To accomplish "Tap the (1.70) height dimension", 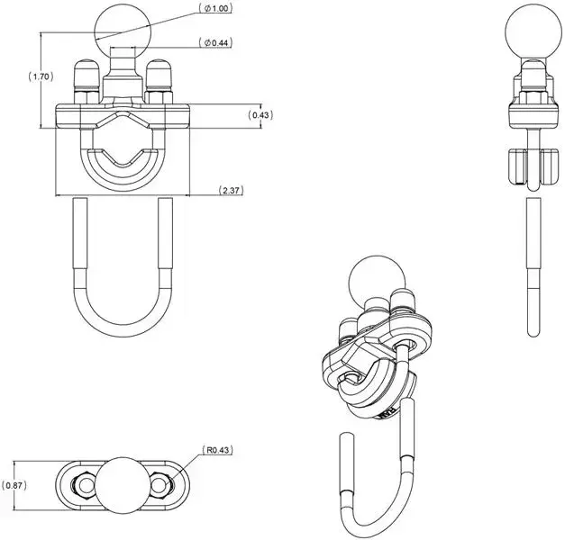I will point(15,77).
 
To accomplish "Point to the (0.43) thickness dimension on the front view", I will point(260,115).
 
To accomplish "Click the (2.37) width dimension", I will point(232,190).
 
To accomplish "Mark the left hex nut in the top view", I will point(82,485).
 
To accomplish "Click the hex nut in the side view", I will point(530,90).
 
